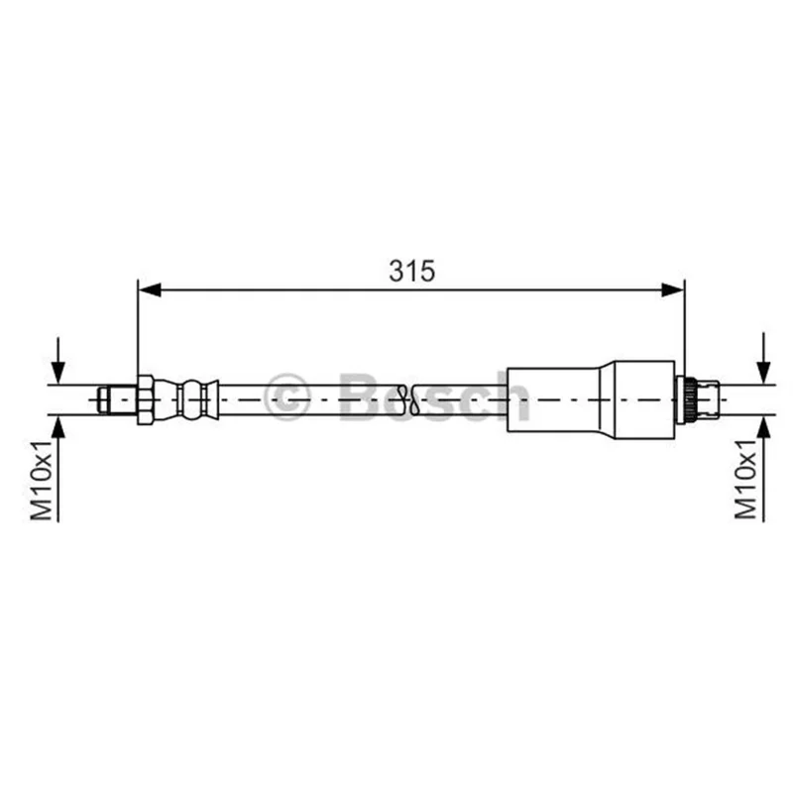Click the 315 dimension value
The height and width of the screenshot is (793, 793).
pos(411,271)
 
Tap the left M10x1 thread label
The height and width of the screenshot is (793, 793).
pos(42,481)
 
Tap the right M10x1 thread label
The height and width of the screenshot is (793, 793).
pos(745,480)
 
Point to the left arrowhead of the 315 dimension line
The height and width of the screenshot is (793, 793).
pos(150,289)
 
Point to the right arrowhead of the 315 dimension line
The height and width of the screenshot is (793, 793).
pos(672,289)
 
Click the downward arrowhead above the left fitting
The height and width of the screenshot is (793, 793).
pos(58,374)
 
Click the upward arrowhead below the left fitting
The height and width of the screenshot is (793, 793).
pos(58,427)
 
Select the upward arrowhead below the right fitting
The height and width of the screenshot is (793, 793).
pos(763,427)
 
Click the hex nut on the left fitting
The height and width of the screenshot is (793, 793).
pos(145,399)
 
